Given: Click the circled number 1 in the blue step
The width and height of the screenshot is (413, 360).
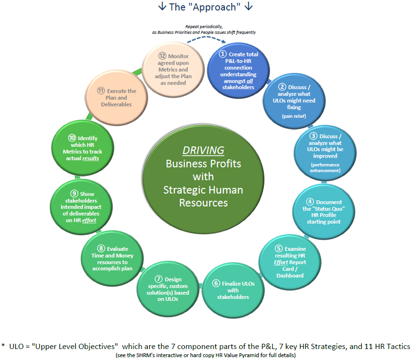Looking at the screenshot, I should tap(222, 54).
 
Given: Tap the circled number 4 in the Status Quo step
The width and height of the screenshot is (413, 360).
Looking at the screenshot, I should tap(310, 202).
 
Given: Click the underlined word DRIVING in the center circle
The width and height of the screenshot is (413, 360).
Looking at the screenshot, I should tap(203, 151).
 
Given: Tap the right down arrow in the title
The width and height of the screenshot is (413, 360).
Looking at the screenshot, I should tap(248, 7).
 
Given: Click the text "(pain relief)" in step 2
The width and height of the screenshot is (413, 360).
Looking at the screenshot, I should tap(294, 116).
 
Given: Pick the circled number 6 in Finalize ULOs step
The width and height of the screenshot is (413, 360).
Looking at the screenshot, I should tap(216, 283).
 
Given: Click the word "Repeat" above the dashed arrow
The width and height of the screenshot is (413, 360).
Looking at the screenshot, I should tap(194, 27).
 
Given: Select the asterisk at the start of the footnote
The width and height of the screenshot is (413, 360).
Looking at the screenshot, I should tap(3, 346).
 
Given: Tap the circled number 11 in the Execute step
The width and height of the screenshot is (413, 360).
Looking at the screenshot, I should tap(101, 91).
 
